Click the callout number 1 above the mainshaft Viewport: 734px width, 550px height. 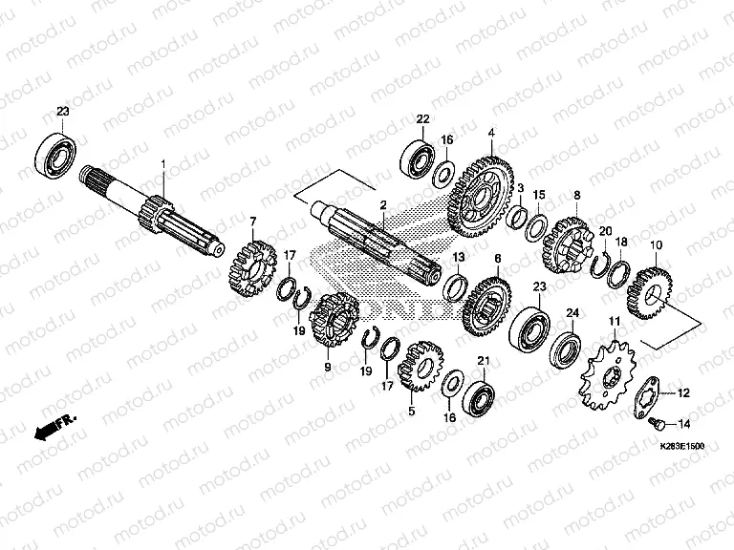click(163, 165)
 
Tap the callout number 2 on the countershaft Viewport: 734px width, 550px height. click(382, 204)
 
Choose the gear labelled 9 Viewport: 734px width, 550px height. click(334, 325)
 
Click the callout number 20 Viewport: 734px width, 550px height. click(605, 230)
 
